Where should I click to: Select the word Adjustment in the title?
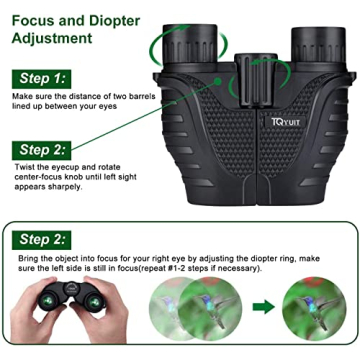pyautogui.click(x=57, y=39)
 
